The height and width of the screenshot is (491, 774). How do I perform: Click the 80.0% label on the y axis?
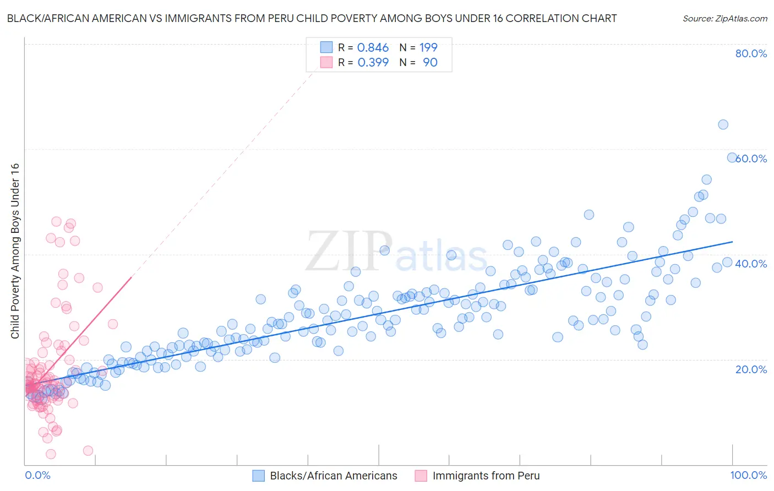click(x=751, y=53)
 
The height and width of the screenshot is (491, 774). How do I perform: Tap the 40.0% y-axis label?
click(x=751, y=264)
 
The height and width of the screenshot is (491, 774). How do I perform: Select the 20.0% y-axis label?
click(x=751, y=369)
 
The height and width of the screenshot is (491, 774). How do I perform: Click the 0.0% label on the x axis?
click(x=37, y=475)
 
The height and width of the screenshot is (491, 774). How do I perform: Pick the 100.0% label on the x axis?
click(x=748, y=475)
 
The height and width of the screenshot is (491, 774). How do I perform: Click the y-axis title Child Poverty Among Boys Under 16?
click(x=15, y=251)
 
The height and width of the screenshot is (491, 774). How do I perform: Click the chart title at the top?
click(x=312, y=18)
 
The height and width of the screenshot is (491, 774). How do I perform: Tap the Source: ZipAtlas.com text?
click(x=724, y=18)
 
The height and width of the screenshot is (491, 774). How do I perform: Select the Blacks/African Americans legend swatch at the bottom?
click(x=259, y=476)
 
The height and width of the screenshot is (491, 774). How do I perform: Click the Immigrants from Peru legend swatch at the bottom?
click(x=421, y=476)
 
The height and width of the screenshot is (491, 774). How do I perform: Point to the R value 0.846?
click(x=373, y=47)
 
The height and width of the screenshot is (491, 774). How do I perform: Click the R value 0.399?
click(x=373, y=62)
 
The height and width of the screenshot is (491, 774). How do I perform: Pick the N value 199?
click(x=428, y=47)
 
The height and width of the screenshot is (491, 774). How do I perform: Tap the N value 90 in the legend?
click(x=430, y=62)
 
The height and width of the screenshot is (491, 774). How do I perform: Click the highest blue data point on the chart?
click(x=723, y=124)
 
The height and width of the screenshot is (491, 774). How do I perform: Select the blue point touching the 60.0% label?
click(x=732, y=157)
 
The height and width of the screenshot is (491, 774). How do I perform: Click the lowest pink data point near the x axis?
click(x=51, y=454)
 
